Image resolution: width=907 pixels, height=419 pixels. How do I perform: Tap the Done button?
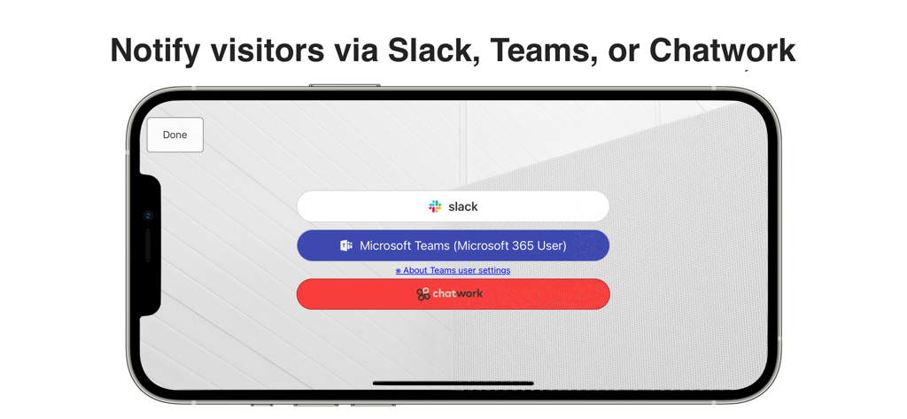174,135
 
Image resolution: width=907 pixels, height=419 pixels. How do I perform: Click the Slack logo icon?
435,206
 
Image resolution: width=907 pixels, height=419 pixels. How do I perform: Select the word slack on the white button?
463,206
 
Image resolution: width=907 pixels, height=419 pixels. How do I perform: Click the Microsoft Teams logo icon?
346,245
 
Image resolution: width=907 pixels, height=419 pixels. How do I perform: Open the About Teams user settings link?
453,270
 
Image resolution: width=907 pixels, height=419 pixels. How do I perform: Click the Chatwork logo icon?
422,294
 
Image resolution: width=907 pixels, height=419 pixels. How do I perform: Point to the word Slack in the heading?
433,50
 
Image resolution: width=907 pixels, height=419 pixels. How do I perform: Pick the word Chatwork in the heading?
722,50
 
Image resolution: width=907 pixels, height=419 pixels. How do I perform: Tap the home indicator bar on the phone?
453,384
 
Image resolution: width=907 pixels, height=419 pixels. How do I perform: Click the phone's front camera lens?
148,216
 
